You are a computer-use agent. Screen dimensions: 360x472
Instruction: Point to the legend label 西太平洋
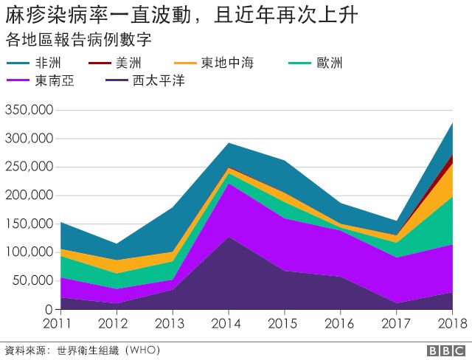[158, 80]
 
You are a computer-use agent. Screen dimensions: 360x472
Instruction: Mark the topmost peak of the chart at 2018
[452, 123]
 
